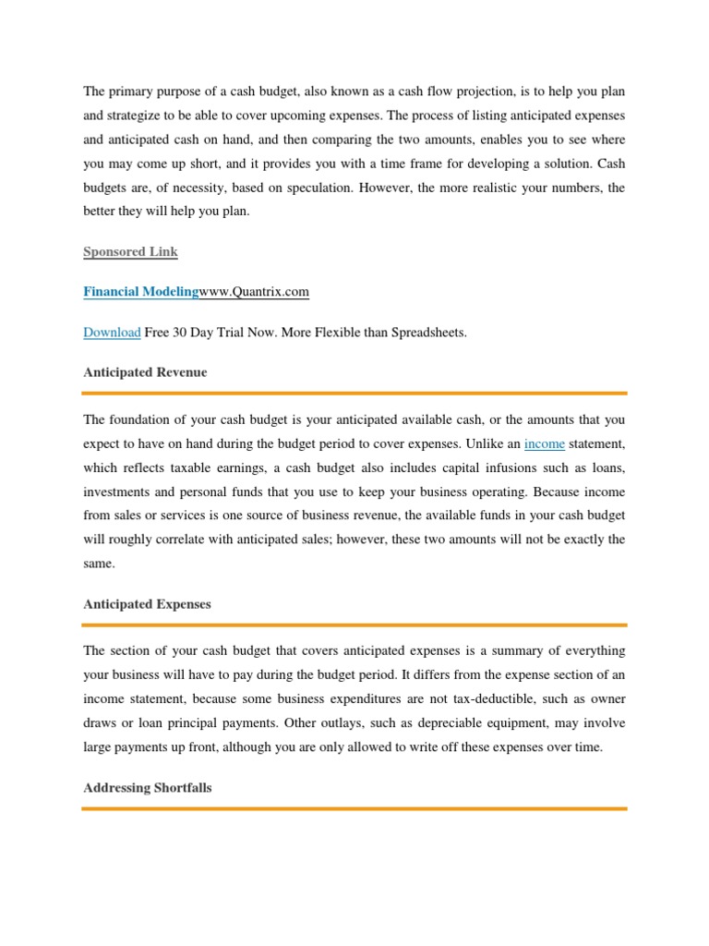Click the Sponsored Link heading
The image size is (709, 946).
click(130, 251)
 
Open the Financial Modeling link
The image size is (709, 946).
click(140, 292)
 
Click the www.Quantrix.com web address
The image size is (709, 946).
click(254, 292)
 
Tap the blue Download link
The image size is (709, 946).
click(112, 333)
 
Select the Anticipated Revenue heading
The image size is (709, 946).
click(145, 372)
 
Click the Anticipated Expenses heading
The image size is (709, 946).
click(147, 604)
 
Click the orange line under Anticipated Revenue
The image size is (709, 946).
click(354, 393)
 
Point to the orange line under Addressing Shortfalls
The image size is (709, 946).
click(354, 808)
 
